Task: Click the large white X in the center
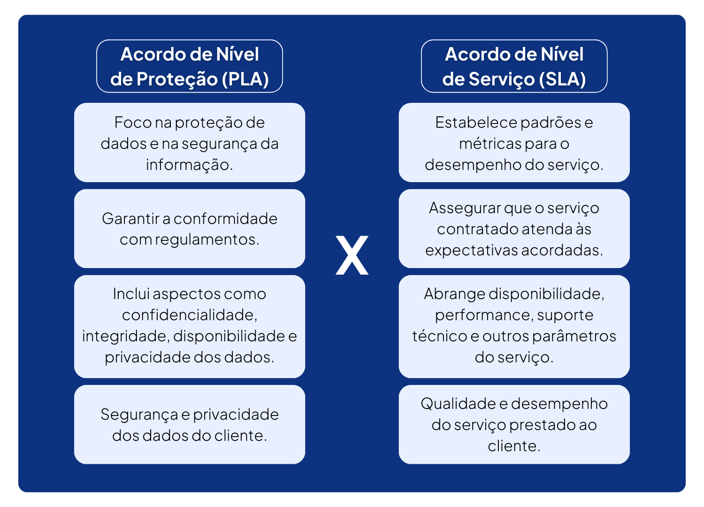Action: click(x=352, y=255)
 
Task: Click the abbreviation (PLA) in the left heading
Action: click(x=245, y=79)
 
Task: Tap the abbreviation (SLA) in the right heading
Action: click(x=562, y=79)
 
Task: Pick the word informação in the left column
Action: click(x=189, y=165)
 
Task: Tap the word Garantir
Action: click(x=130, y=219)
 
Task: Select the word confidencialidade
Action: click(x=190, y=315)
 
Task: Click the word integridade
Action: click(x=125, y=336)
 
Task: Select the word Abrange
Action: click(x=454, y=294)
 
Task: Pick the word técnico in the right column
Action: click(x=439, y=336)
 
